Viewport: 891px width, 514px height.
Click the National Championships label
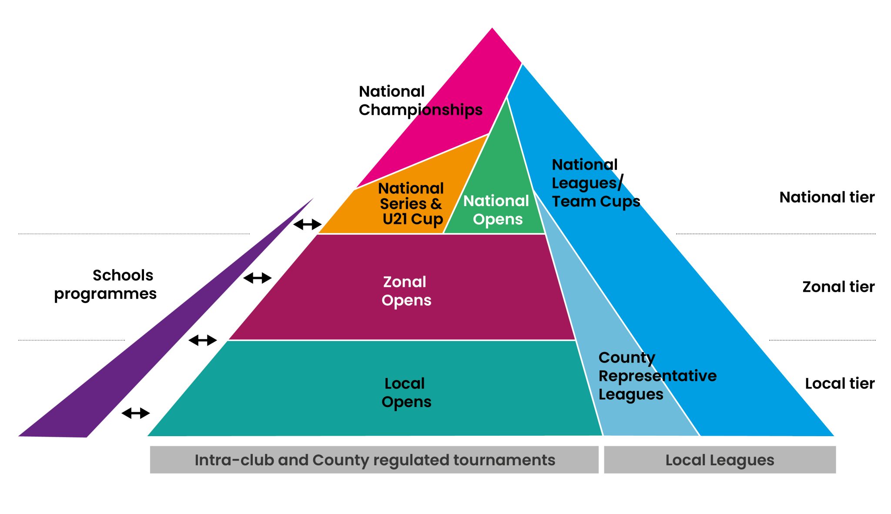pos(420,101)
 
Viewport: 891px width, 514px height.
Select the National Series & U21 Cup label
pos(411,204)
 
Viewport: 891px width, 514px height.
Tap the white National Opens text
pos(496,210)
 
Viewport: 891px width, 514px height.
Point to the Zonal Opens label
pos(406,291)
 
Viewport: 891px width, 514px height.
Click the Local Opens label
pos(406,392)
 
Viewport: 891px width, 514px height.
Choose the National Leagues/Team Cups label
pos(595,183)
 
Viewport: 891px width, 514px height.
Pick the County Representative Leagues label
pos(657,376)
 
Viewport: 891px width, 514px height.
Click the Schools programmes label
pos(105,284)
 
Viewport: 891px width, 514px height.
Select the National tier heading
pos(827,197)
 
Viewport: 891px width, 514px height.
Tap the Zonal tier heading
pos(838,287)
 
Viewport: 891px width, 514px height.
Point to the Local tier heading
pos(839,384)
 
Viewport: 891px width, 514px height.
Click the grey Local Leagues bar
pos(720,460)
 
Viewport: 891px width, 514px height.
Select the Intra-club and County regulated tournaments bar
pos(374,460)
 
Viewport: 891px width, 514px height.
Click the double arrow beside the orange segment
pos(308,224)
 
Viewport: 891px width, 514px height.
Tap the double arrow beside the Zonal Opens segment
pos(257,278)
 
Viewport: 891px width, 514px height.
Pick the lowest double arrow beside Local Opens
pos(135,413)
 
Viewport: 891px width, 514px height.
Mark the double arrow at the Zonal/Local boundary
pos(202,340)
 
